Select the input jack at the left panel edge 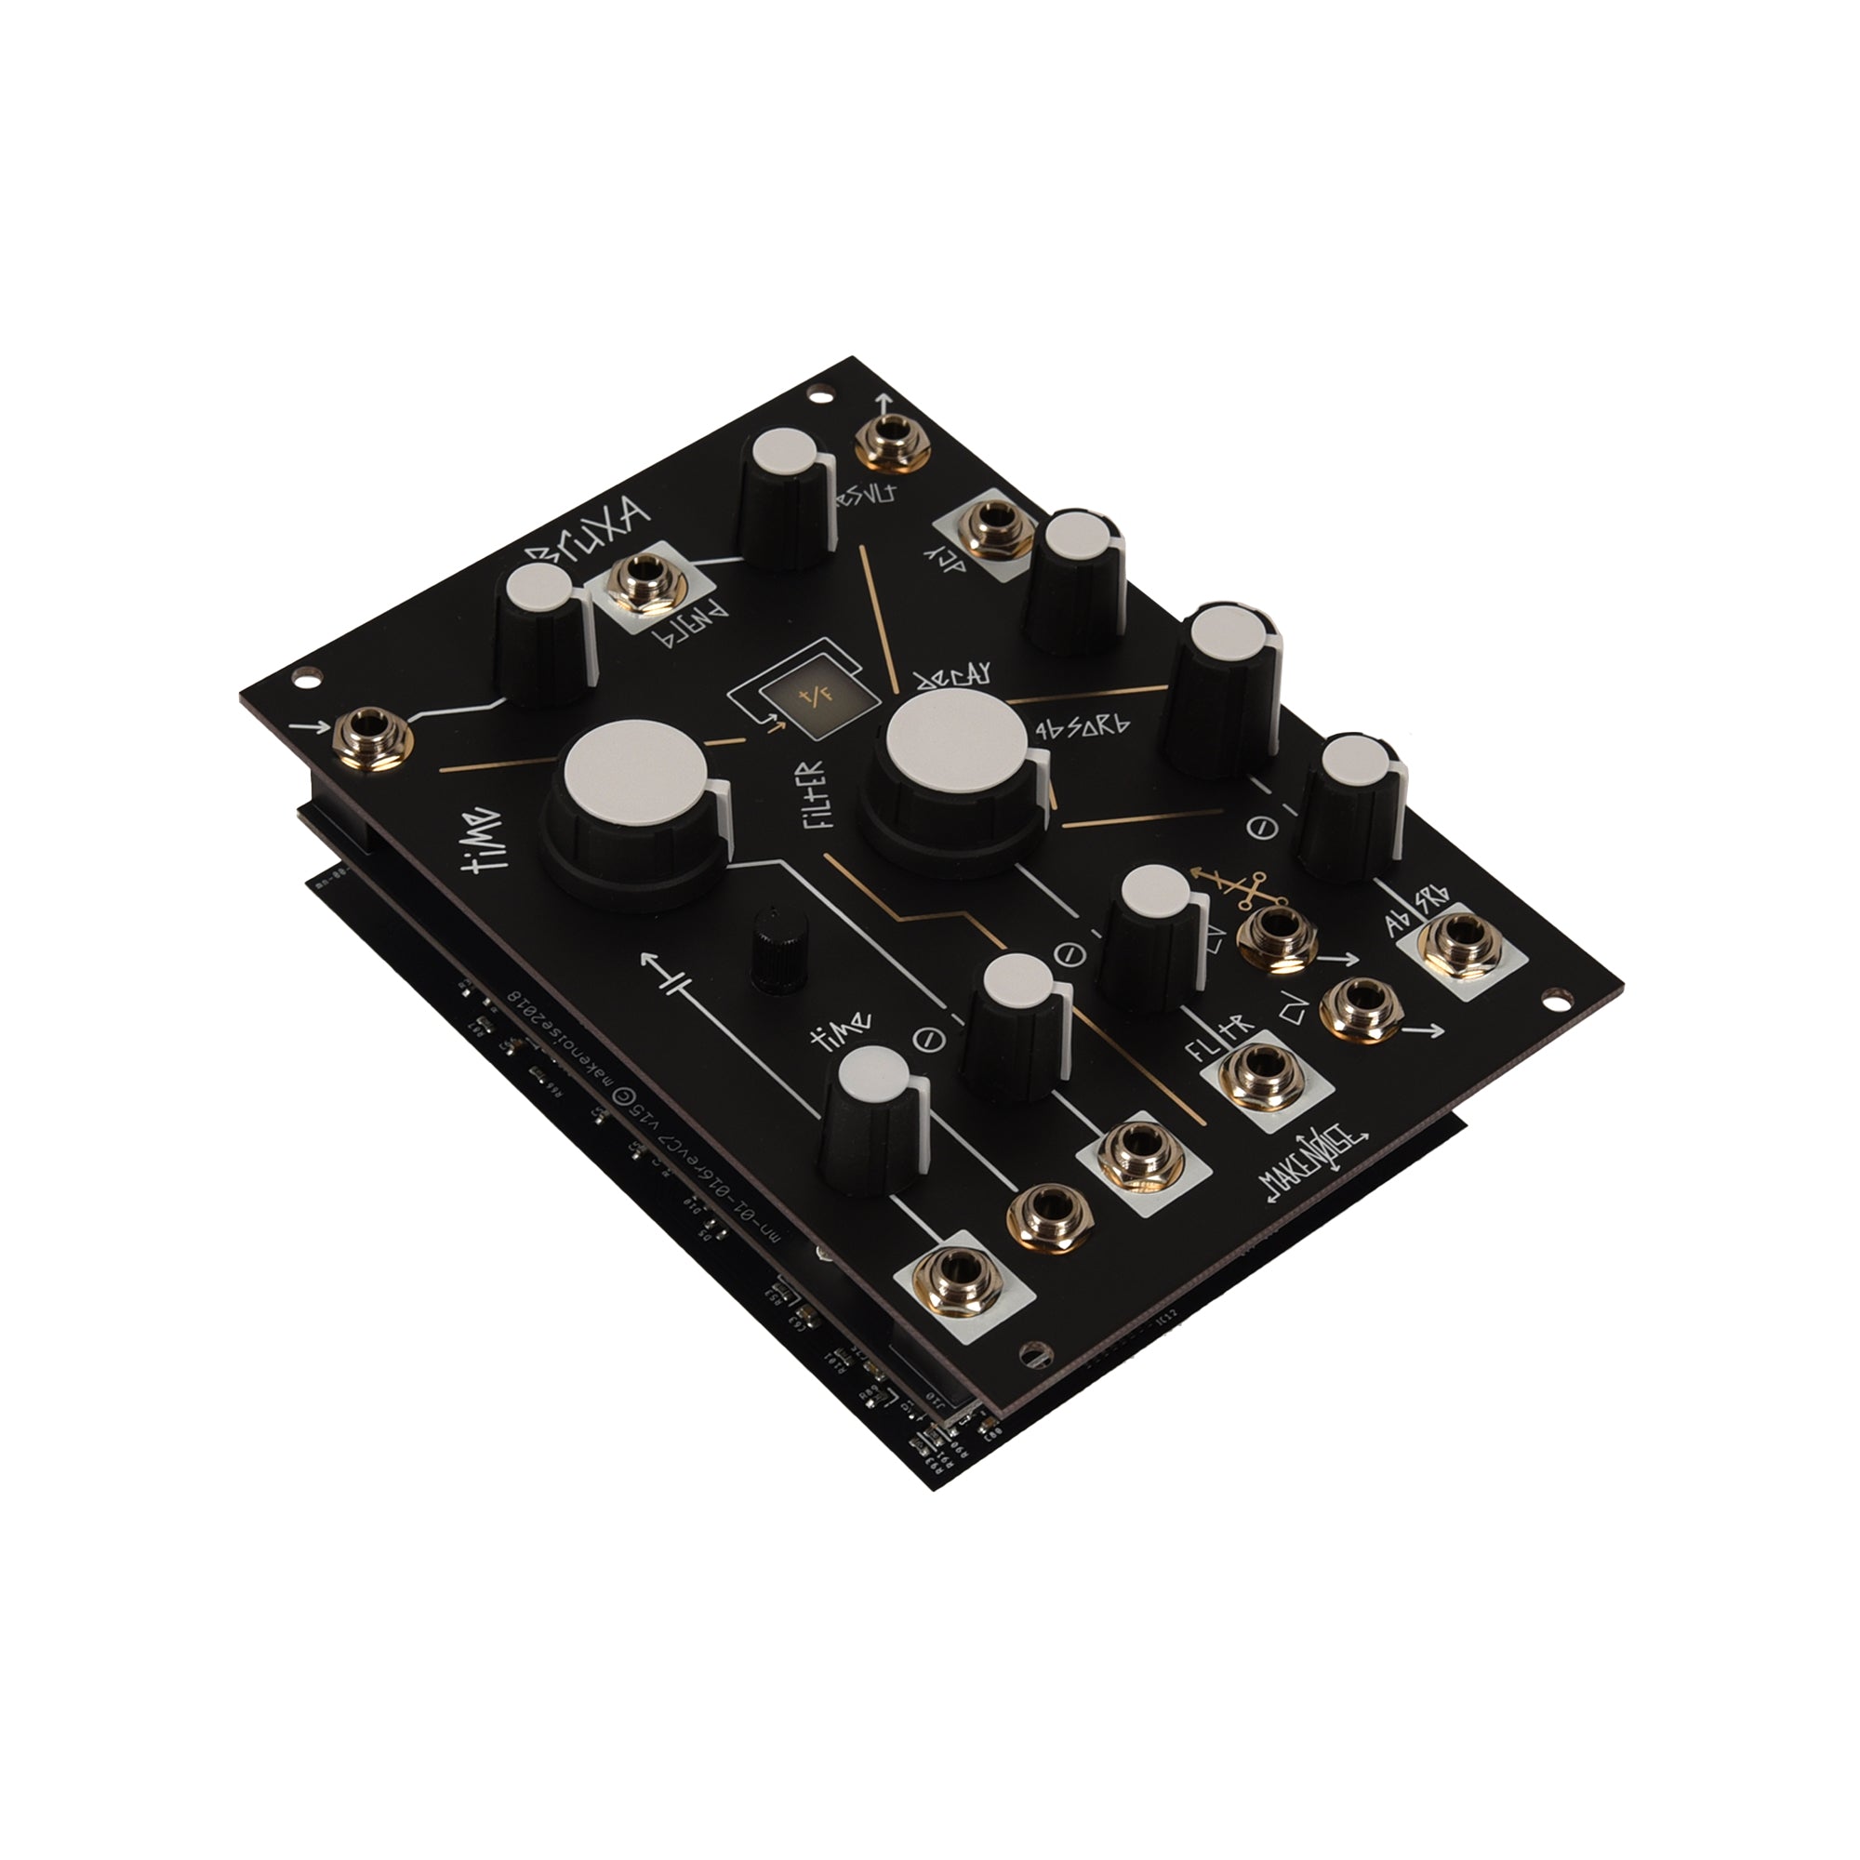tap(373, 737)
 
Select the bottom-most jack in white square tap(964, 1281)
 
